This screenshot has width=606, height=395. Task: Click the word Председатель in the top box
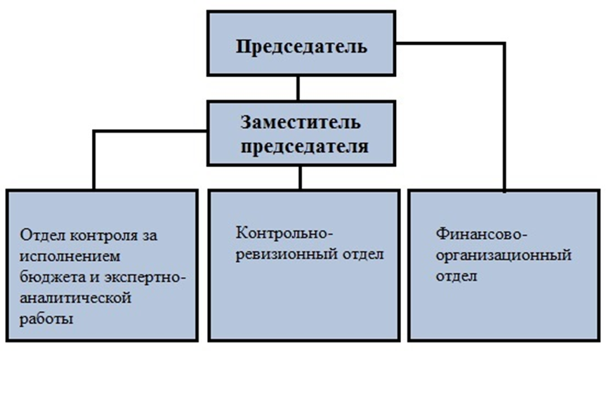point(301,47)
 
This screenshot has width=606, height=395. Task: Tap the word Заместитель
point(301,122)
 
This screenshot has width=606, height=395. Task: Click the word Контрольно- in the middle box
point(284,233)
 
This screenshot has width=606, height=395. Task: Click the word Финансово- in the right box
point(482,234)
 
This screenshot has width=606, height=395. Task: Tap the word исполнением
point(70,256)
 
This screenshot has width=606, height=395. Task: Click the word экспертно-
point(145,278)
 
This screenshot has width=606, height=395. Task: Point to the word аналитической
point(75,298)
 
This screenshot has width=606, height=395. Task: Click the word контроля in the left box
point(105,236)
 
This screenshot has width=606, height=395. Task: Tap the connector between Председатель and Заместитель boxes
point(298,88)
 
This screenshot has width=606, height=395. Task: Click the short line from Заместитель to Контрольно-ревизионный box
point(301,178)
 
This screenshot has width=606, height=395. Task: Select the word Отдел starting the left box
point(43,235)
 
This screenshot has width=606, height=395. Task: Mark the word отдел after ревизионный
point(363,255)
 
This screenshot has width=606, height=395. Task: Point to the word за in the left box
point(150,236)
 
